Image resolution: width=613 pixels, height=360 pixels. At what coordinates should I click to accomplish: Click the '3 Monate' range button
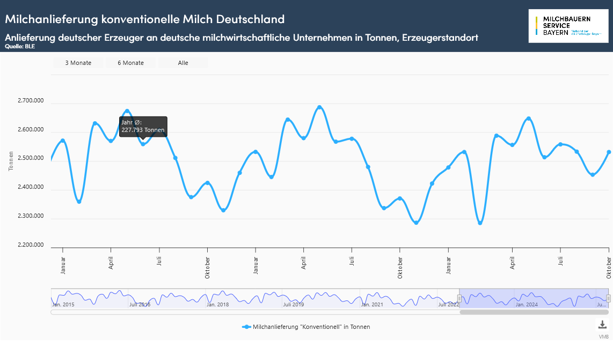point(78,63)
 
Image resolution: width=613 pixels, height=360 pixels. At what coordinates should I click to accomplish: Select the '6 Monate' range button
point(131,63)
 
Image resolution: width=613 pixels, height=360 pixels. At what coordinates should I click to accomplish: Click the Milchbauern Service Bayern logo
point(568,26)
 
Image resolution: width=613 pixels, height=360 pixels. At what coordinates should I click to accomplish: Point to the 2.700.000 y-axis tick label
point(31,100)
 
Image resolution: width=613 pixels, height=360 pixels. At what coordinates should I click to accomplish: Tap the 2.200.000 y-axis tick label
point(31,245)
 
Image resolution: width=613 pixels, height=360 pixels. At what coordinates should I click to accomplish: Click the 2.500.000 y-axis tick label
point(31,158)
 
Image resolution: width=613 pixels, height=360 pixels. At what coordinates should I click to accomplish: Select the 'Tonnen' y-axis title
point(11,161)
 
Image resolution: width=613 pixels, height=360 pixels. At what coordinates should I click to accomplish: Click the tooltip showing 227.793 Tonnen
point(143,127)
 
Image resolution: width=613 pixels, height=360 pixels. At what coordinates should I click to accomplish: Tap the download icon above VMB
point(602,325)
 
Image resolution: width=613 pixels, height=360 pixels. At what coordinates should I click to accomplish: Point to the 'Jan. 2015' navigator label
point(63,304)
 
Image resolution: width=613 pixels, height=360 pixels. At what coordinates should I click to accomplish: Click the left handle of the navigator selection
point(459,298)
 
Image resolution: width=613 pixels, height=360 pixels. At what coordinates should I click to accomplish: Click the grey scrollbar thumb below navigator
point(534,312)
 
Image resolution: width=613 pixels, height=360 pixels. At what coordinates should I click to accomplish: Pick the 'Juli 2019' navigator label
point(294,304)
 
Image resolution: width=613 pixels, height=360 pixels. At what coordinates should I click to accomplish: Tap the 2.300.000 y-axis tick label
point(31,216)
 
